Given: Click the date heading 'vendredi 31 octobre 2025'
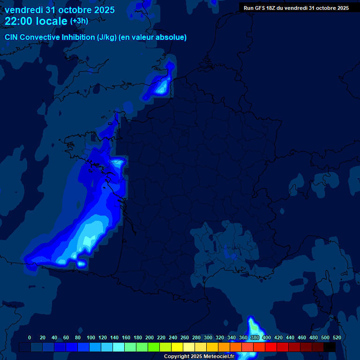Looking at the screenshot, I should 60,10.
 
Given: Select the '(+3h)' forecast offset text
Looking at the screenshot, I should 79,21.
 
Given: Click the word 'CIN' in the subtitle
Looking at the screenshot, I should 12,37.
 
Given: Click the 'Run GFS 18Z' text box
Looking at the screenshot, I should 296,8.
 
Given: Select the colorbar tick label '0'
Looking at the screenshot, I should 30,337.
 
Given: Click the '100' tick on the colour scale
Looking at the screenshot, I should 91,337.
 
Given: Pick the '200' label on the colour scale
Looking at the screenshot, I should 150,337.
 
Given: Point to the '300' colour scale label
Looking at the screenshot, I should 208,337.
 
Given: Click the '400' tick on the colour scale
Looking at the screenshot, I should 267,337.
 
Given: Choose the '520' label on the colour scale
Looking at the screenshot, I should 337,337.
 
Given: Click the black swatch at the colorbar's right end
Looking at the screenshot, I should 330,347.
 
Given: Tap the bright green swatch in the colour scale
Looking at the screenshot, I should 154,347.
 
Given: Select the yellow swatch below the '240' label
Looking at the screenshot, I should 177,347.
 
